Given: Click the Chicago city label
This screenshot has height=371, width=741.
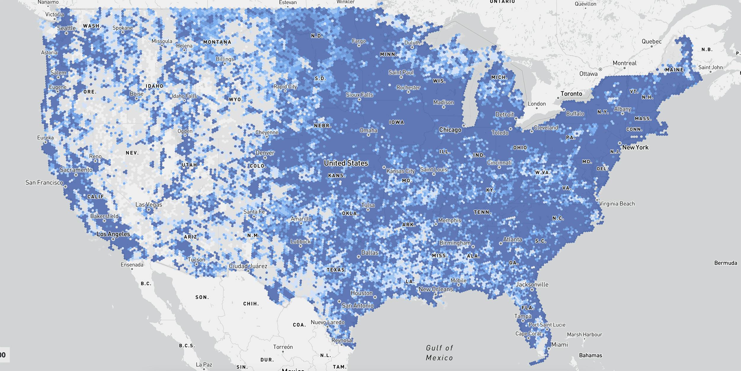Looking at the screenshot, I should pyautogui.click(x=450, y=130).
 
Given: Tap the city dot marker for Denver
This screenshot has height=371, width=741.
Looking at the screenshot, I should pyautogui.click(x=265, y=158).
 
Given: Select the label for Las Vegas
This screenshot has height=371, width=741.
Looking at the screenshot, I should pyautogui.click(x=148, y=205).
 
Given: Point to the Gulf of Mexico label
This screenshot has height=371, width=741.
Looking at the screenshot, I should pyautogui.click(x=439, y=353).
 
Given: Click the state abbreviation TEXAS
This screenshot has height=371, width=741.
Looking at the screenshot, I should pyautogui.click(x=336, y=270).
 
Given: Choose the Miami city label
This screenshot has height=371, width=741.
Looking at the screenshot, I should pyautogui.click(x=559, y=344).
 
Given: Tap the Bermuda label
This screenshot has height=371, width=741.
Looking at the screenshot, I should pyautogui.click(x=725, y=263).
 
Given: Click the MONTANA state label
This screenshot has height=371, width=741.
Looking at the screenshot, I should pyautogui.click(x=217, y=42).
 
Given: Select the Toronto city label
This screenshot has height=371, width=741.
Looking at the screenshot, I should pyautogui.click(x=571, y=94).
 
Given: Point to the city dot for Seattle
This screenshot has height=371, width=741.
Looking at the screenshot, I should pyautogui.click(x=67, y=33).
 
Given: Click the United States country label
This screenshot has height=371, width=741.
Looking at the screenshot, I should pyautogui.click(x=346, y=163).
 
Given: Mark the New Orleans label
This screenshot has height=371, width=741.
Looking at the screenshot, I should pyautogui.click(x=435, y=289).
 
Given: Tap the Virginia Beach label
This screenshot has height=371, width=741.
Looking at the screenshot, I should pyautogui.click(x=617, y=204).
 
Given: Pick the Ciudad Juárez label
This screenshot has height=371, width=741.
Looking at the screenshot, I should pyautogui.click(x=248, y=266).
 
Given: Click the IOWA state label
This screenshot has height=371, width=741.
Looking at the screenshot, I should pyautogui.click(x=396, y=122).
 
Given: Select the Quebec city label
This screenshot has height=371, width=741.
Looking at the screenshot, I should pyautogui.click(x=651, y=41).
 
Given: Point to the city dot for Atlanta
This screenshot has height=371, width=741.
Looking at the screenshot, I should pyautogui.click(x=501, y=244).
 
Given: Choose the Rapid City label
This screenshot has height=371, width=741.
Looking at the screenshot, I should pyautogui.click(x=285, y=86).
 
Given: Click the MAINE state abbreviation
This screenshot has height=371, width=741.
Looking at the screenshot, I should pyautogui.click(x=674, y=70).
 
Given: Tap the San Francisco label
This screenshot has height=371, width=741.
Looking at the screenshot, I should pyautogui.click(x=44, y=182).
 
